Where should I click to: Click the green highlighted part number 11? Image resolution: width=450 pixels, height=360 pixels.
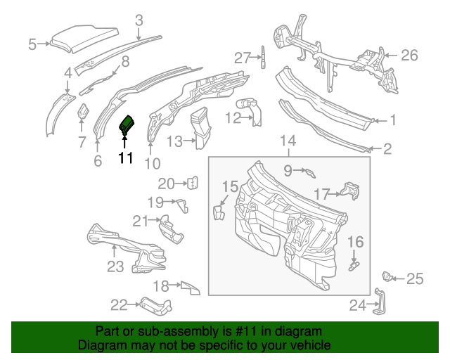[128, 124]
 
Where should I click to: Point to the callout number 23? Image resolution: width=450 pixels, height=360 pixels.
[115, 266]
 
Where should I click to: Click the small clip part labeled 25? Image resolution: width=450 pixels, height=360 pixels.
[387, 275]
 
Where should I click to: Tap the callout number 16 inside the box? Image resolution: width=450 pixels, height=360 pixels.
[356, 243]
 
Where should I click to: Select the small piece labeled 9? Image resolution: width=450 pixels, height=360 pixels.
[309, 172]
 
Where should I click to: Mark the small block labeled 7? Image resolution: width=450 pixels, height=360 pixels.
[82, 112]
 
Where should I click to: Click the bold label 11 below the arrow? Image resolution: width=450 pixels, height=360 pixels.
[125, 158]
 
